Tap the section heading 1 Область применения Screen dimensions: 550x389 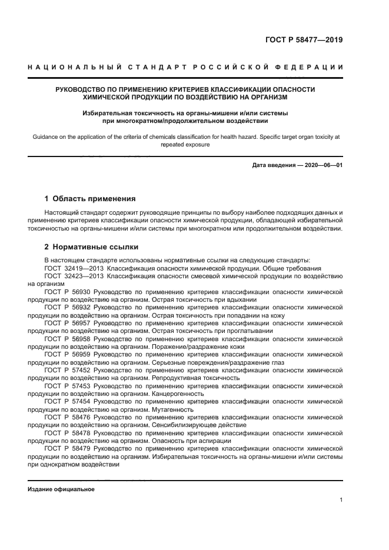(90, 198)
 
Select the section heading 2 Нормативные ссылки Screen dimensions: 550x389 (92, 246)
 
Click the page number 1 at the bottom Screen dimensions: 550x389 (341, 500)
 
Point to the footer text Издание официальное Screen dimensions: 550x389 (61, 489)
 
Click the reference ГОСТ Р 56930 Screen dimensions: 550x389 (67, 291)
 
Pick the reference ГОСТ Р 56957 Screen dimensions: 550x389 (67, 323)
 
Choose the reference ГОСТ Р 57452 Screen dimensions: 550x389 (67, 370)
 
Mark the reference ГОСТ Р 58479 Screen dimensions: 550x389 (67, 448)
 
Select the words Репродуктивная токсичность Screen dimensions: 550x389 (195, 378)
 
